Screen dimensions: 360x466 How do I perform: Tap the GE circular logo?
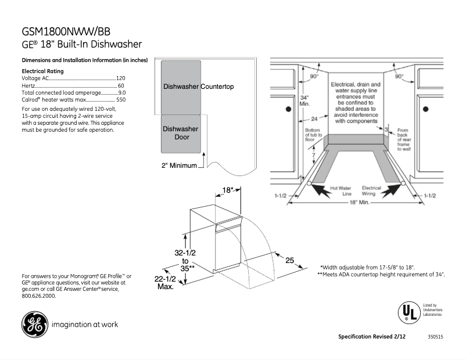tap(35, 325)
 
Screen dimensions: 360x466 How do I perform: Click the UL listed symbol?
tap(408, 311)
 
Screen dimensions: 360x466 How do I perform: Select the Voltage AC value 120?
tap(121, 78)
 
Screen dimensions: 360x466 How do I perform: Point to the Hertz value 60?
tap(121, 85)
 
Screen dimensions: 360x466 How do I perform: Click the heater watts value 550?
tap(120, 100)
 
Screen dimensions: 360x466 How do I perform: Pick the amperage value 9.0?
tap(121, 93)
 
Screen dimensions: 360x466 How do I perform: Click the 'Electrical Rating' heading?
tap(42, 71)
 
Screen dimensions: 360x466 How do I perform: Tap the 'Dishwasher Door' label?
tap(180, 133)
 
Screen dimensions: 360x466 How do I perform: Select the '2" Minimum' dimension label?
tap(179, 165)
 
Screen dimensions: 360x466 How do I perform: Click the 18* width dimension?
tap(228, 190)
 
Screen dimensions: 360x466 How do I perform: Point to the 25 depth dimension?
tap(289, 261)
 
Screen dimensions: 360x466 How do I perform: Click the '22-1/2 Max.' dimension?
tap(166, 283)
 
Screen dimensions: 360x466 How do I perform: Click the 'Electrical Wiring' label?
tap(371, 191)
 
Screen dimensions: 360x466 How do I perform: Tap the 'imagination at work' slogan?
tap(85, 325)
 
